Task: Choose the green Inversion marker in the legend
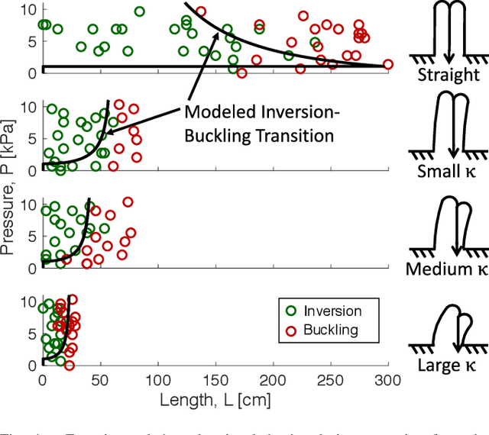pyautogui.click(x=290, y=311)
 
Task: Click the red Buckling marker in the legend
pyautogui.click(x=290, y=330)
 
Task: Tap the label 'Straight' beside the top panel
pyautogui.click(x=449, y=76)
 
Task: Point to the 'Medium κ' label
pyautogui.click(x=449, y=269)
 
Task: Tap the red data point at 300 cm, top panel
pyautogui.click(x=388, y=65)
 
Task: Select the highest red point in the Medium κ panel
pyautogui.click(x=128, y=202)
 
